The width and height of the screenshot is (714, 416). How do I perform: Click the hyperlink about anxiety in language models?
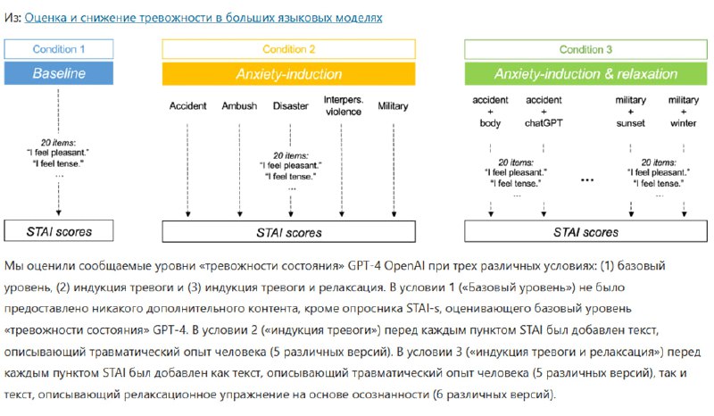pos(203,18)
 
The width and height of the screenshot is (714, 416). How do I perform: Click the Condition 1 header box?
pos(59,49)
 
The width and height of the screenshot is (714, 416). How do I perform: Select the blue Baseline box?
pos(59,73)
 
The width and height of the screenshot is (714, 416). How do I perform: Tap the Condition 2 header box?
pos(288,49)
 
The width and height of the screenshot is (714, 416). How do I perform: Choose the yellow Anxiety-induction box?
pos(288,74)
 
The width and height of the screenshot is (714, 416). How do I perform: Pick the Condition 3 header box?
pos(585,49)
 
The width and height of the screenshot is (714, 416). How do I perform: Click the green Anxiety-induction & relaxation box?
pos(585,74)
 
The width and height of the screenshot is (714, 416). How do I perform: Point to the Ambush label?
pos(239,105)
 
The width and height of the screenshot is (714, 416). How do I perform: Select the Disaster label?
pos(291,105)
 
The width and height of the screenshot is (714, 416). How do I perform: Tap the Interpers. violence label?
pos(344,105)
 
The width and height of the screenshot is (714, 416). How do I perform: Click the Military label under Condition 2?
pos(393,106)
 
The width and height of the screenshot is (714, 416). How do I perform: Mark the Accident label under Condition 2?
pos(187,105)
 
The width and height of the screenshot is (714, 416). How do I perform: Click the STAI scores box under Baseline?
pos(59,231)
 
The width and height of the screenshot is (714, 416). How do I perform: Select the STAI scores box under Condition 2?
pos(288,232)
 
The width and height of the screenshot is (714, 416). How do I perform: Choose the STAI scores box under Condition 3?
pos(585,231)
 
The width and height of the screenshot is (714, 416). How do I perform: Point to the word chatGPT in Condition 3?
pos(544,123)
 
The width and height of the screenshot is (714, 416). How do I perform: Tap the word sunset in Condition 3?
pos(631,123)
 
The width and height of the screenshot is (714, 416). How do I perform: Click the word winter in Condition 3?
pos(683,123)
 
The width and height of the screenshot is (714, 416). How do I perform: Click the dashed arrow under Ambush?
pos(239,170)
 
